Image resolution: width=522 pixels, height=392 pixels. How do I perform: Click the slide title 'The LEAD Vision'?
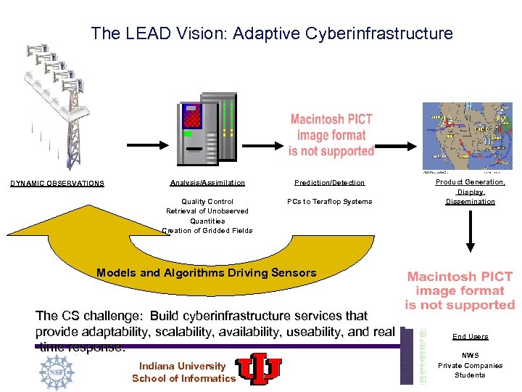(271, 33)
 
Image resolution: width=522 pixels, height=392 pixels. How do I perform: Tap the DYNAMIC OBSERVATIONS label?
(57, 183)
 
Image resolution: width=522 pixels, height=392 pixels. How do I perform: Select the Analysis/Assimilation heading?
(207, 182)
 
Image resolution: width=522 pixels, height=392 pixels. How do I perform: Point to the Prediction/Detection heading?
(329, 182)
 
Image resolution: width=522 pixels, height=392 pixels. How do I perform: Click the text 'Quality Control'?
(207, 201)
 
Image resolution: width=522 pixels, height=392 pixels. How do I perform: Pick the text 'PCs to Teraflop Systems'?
(329, 201)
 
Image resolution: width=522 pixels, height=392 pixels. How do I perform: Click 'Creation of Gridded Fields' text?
(207, 230)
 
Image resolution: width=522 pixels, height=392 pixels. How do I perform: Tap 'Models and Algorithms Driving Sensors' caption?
(207, 273)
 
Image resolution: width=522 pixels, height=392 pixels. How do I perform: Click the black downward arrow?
(470, 236)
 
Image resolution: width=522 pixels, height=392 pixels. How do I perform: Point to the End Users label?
(470, 337)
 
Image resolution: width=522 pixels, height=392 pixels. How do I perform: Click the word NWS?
(470, 356)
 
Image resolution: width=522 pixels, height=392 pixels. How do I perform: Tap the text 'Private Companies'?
(470, 365)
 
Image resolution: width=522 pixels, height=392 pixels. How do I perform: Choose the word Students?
(470, 375)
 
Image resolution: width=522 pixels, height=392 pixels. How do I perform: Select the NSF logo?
(57, 369)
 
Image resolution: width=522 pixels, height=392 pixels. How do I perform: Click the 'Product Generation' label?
(470, 182)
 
